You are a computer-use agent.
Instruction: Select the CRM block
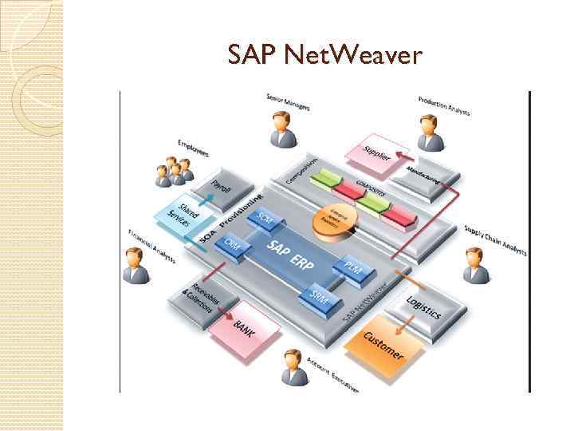point(234,243)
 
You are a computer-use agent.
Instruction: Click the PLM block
point(352,269)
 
